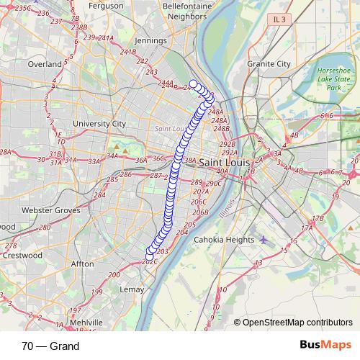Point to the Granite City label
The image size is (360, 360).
click(268, 63)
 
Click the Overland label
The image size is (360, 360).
click(45, 64)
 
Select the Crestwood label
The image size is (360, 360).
click(19, 254)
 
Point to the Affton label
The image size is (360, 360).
click(82, 264)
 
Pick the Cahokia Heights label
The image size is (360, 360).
click(225, 240)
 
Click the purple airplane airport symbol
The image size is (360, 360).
click(264, 239)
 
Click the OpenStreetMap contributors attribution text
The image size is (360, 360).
click(297, 323)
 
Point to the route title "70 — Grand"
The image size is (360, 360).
click(50, 346)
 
